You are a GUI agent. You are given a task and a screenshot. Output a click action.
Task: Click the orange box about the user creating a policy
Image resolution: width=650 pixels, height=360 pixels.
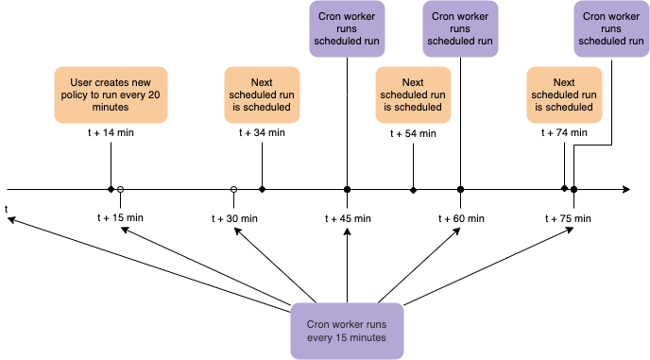[x=111, y=94]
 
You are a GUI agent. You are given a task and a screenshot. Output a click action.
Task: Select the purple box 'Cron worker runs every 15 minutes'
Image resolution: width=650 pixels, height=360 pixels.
[x=347, y=331]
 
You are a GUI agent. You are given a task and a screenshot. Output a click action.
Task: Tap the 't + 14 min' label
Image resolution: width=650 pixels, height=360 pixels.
[x=111, y=133]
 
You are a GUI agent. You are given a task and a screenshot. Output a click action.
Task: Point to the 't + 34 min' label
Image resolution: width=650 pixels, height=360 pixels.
[x=262, y=133]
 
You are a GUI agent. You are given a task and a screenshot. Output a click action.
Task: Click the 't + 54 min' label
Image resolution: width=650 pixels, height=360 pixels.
[x=413, y=133]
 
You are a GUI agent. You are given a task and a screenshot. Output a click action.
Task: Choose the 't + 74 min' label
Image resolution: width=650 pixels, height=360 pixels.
[x=564, y=133]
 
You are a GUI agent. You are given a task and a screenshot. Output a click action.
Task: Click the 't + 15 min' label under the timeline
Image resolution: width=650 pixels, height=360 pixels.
[x=120, y=218]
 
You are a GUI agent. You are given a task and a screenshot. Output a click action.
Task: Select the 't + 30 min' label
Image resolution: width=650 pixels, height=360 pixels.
[x=233, y=218]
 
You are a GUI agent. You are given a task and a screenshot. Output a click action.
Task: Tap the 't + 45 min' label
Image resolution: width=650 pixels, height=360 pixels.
[x=347, y=218]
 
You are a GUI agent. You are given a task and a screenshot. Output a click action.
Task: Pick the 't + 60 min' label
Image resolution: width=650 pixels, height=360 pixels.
[x=460, y=218]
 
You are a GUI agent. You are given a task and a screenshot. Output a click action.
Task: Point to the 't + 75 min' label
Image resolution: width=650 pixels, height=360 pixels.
[x=573, y=218]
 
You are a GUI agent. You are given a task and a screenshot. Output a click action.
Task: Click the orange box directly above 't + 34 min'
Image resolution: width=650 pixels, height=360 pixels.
[x=262, y=94]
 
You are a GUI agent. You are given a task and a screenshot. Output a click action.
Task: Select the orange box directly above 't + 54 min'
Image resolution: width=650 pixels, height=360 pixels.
[x=413, y=94]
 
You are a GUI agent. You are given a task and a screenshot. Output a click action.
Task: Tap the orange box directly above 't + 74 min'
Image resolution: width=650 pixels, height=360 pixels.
[x=564, y=94]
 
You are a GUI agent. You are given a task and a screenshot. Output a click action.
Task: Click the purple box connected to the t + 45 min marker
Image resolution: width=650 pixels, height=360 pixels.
[x=347, y=28]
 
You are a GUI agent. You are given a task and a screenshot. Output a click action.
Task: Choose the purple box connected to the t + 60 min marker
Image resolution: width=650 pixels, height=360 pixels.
[x=460, y=28]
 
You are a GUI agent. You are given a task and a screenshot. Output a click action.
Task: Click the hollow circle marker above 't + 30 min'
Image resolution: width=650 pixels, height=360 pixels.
[x=233, y=190]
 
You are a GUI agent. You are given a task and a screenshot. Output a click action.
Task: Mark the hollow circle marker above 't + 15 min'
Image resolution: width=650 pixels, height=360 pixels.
[x=120, y=190]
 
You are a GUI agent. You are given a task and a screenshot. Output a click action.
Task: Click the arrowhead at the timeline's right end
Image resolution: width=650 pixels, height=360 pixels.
[x=626, y=190]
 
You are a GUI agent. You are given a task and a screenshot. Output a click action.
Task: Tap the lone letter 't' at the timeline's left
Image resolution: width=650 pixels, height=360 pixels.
[x=7, y=208]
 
